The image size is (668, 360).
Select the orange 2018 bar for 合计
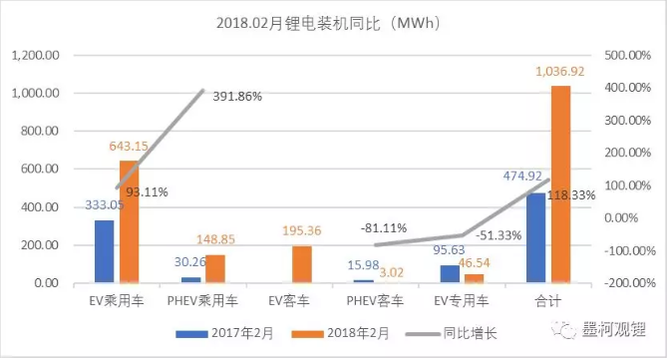click(560, 184)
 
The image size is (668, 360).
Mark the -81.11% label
click(384, 227)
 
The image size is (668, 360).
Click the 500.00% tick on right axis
click(628, 55)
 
